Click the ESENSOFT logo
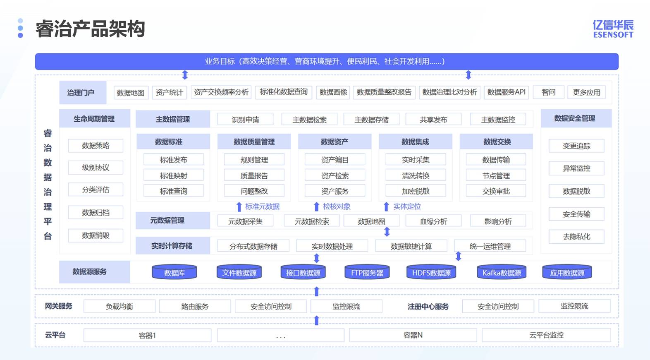click(x=613, y=29)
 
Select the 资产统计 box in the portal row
click(x=169, y=92)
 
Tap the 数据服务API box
click(x=506, y=92)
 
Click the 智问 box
click(x=548, y=92)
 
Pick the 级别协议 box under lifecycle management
click(x=96, y=168)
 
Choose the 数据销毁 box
click(x=96, y=235)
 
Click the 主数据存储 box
click(x=371, y=120)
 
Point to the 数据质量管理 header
click(x=254, y=142)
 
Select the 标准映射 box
click(x=173, y=175)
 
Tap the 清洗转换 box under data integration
click(x=416, y=175)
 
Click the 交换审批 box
click(x=496, y=191)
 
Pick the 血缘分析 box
click(x=433, y=221)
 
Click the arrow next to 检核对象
click(x=317, y=206)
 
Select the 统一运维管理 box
click(x=490, y=246)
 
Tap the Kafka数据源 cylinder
click(x=502, y=272)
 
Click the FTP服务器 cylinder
click(x=367, y=272)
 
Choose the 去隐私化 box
click(x=576, y=237)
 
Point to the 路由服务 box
click(x=195, y=307)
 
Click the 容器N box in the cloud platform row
click(x=413, y=335)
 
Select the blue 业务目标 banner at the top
click(x=327, y=62)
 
